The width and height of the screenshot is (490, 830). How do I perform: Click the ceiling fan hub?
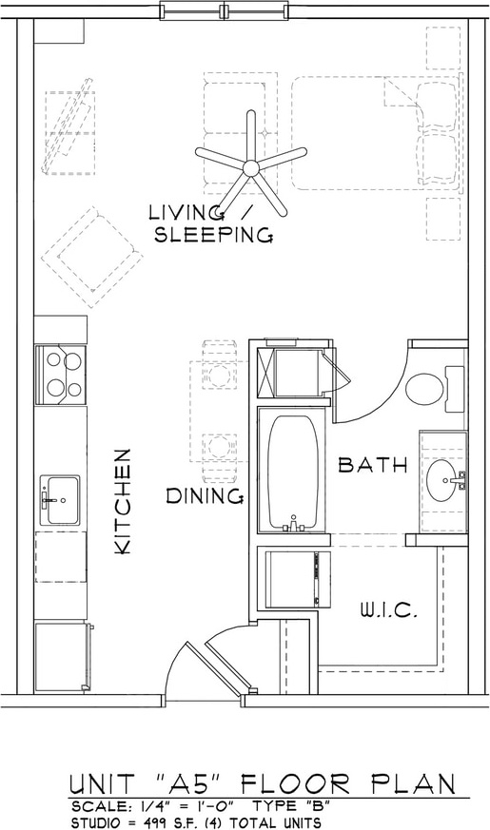[x=250, y=168]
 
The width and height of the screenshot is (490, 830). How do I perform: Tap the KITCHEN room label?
[x=123, y=502]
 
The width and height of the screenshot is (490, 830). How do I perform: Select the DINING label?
[x=206, y=496]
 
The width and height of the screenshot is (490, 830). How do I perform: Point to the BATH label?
[x=374, y=465]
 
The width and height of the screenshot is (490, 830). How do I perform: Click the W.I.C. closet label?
[x=389, y=611]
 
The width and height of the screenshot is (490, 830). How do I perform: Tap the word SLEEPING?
[x=213, y=235]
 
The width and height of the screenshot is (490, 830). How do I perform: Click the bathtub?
[x=293, y=473]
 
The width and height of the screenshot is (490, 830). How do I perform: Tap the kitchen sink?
[x=60, y=500]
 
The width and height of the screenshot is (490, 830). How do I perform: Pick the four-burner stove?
[x=60, y=375]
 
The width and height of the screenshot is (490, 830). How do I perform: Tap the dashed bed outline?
[x=375, y=133]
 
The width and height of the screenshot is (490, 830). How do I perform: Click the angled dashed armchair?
[x=92, y=257]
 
